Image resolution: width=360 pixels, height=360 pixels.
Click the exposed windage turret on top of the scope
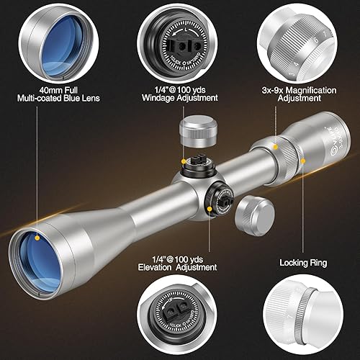(x=196, y=163)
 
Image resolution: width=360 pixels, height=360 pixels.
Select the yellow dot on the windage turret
(x=185, y=162)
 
